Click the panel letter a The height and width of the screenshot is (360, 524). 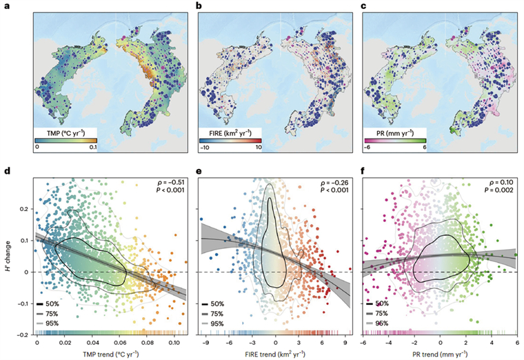coord(28,7)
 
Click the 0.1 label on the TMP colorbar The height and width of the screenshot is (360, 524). coord(90,148)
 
